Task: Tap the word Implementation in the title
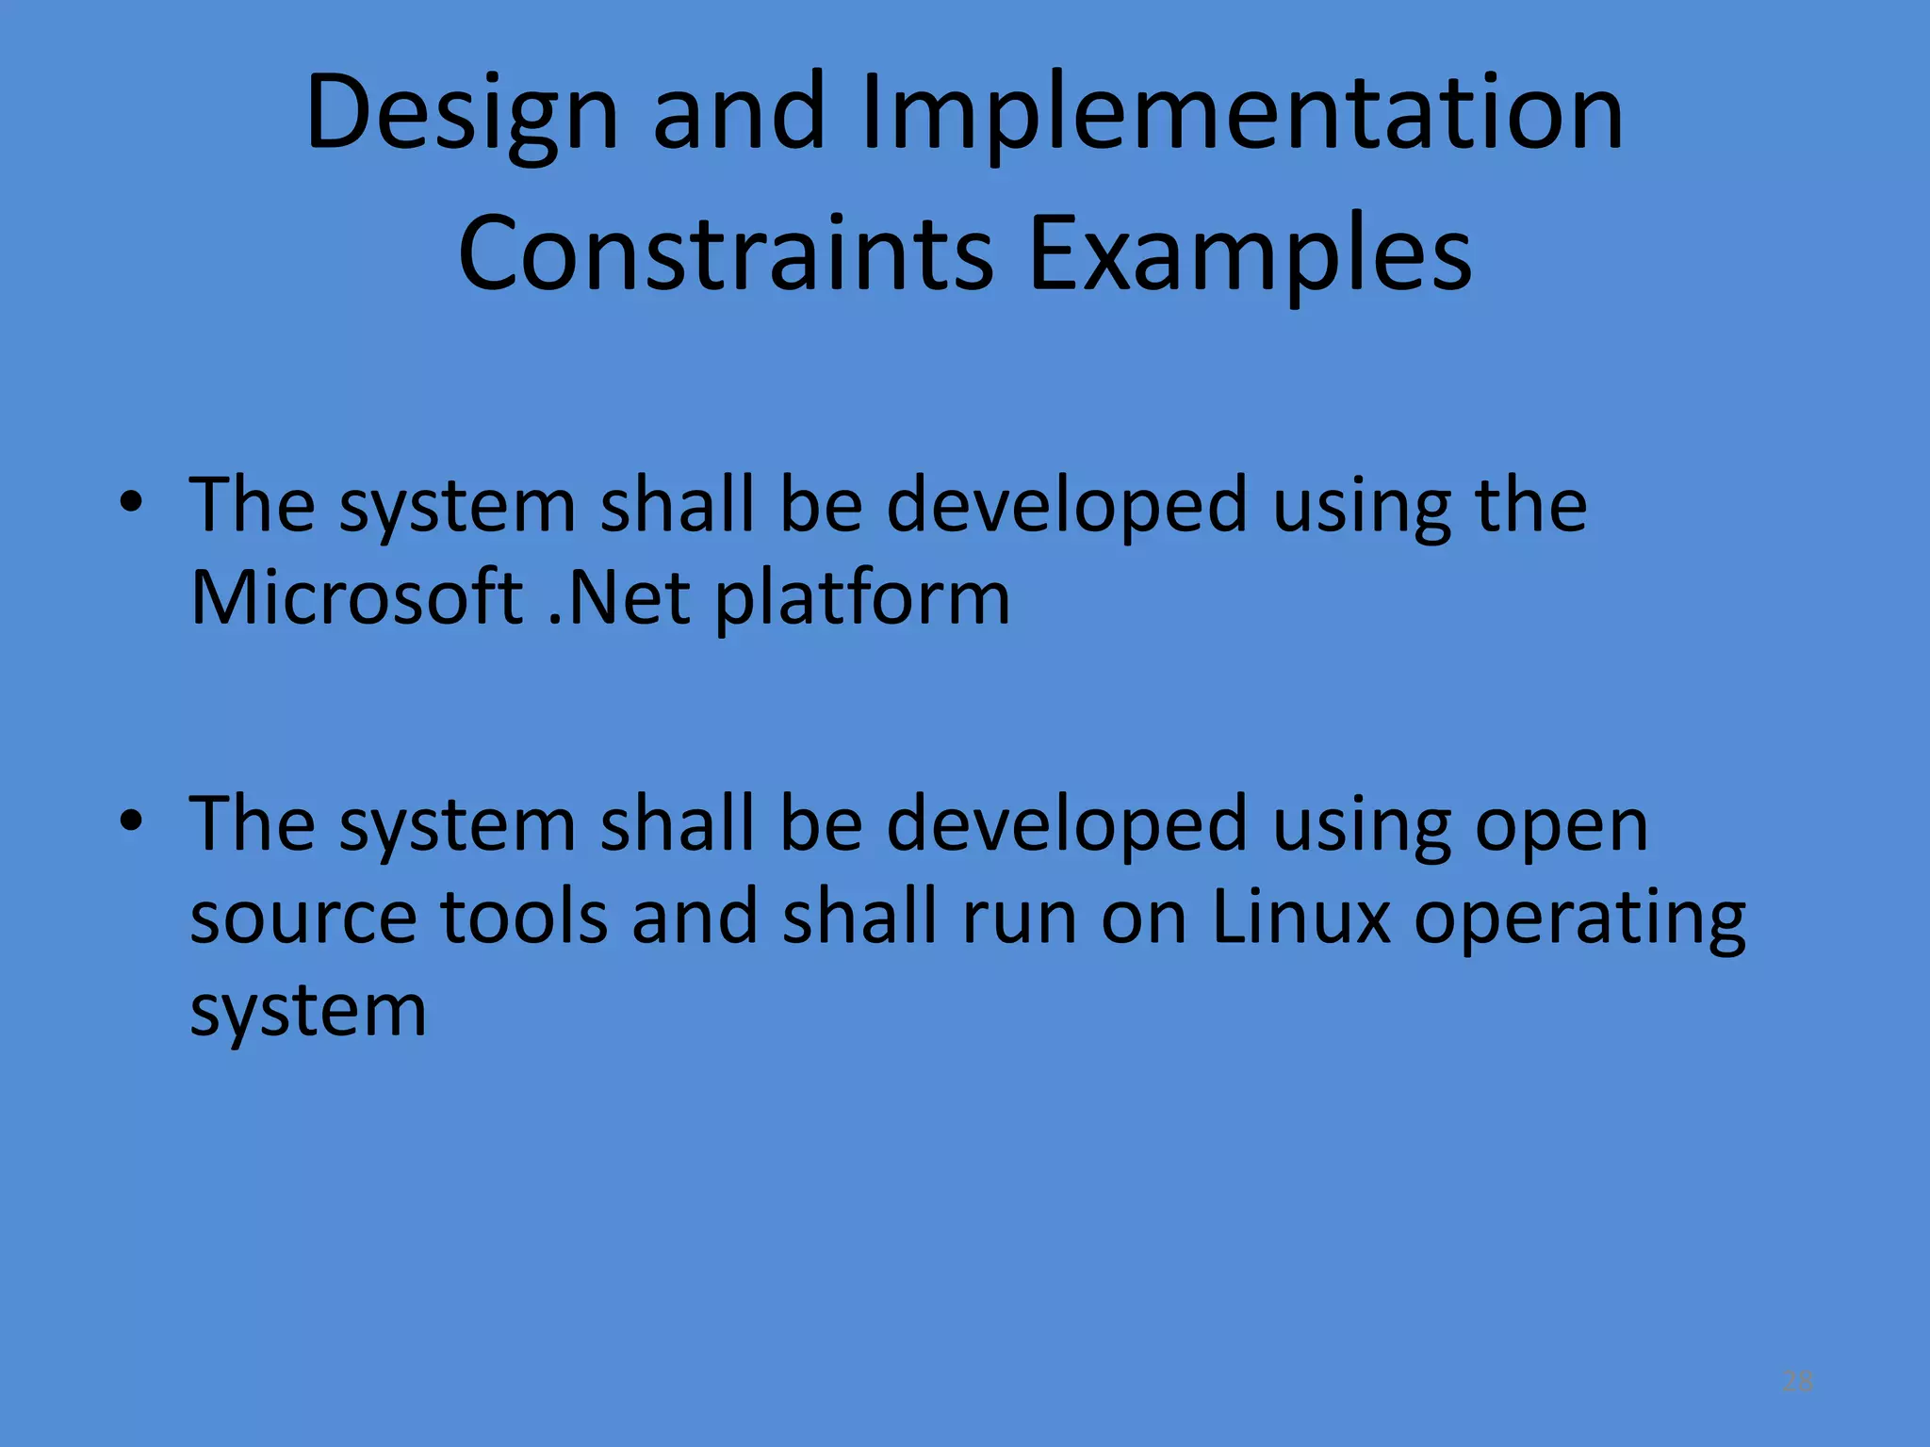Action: (x=1242, y=115)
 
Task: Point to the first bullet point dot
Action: (x=131, y=502)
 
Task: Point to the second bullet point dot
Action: (x=131, y=821)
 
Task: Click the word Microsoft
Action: (x=356, y=597)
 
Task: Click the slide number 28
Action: (x=1797, y=1382)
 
